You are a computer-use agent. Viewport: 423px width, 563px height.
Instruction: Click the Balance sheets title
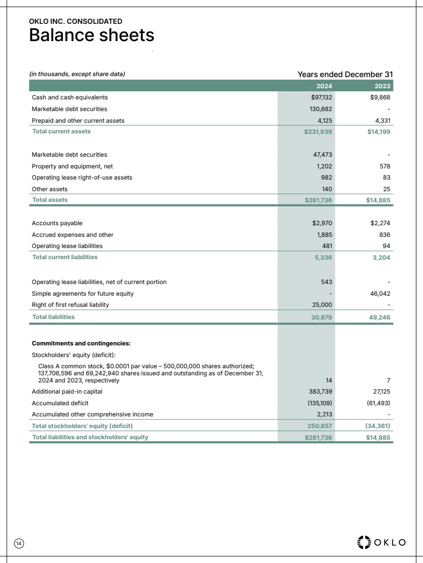coord(91,36)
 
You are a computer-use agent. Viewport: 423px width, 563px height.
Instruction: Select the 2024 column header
coord(324,86)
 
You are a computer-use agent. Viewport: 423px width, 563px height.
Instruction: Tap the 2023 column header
coord(382,86)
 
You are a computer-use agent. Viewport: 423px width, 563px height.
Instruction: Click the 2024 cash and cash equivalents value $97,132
coord(321,97)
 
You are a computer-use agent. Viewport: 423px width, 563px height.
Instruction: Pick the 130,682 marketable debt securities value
coord(321,109)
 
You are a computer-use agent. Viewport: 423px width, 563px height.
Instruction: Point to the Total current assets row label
coord(61,131)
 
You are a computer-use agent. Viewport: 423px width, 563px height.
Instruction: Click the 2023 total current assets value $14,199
coord(378,131)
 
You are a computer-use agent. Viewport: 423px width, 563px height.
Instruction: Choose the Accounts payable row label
coord(57,223)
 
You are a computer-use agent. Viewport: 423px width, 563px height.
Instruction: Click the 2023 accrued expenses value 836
coord(383,235)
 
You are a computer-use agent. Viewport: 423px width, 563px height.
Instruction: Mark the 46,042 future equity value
coord(380,293)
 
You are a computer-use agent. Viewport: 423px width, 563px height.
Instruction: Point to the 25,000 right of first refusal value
coord(322,305)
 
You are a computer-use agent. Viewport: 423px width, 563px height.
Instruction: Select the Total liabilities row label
coord(53,317)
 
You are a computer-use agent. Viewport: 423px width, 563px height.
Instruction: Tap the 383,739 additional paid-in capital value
coord(321,392)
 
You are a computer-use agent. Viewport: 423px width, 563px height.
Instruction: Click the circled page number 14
coord(19,543)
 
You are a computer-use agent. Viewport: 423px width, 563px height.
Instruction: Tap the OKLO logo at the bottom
coord(382,542)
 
